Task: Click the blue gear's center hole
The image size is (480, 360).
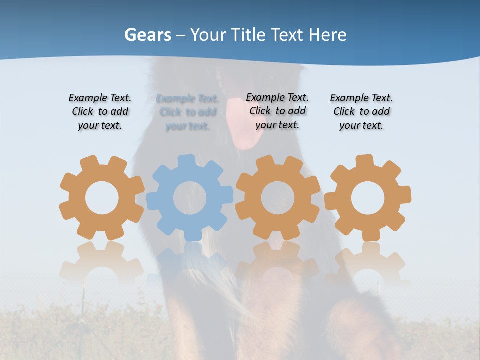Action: [x=190, y=198]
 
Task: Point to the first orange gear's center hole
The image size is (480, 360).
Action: [x=102, y=198]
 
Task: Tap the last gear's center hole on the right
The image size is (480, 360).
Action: [x=368, y=198]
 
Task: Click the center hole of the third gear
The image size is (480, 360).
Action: [x=278, y=198]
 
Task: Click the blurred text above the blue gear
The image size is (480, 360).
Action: [x=188, y=113]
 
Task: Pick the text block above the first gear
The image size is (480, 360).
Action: [x=100, y=112]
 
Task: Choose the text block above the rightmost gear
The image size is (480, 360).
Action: [x=361, y=112]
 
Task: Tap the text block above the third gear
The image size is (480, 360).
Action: [x=277, y=111]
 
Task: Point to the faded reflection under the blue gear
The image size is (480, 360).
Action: [x=190, y=260]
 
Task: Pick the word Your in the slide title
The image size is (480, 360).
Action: [x=208, y=35]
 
